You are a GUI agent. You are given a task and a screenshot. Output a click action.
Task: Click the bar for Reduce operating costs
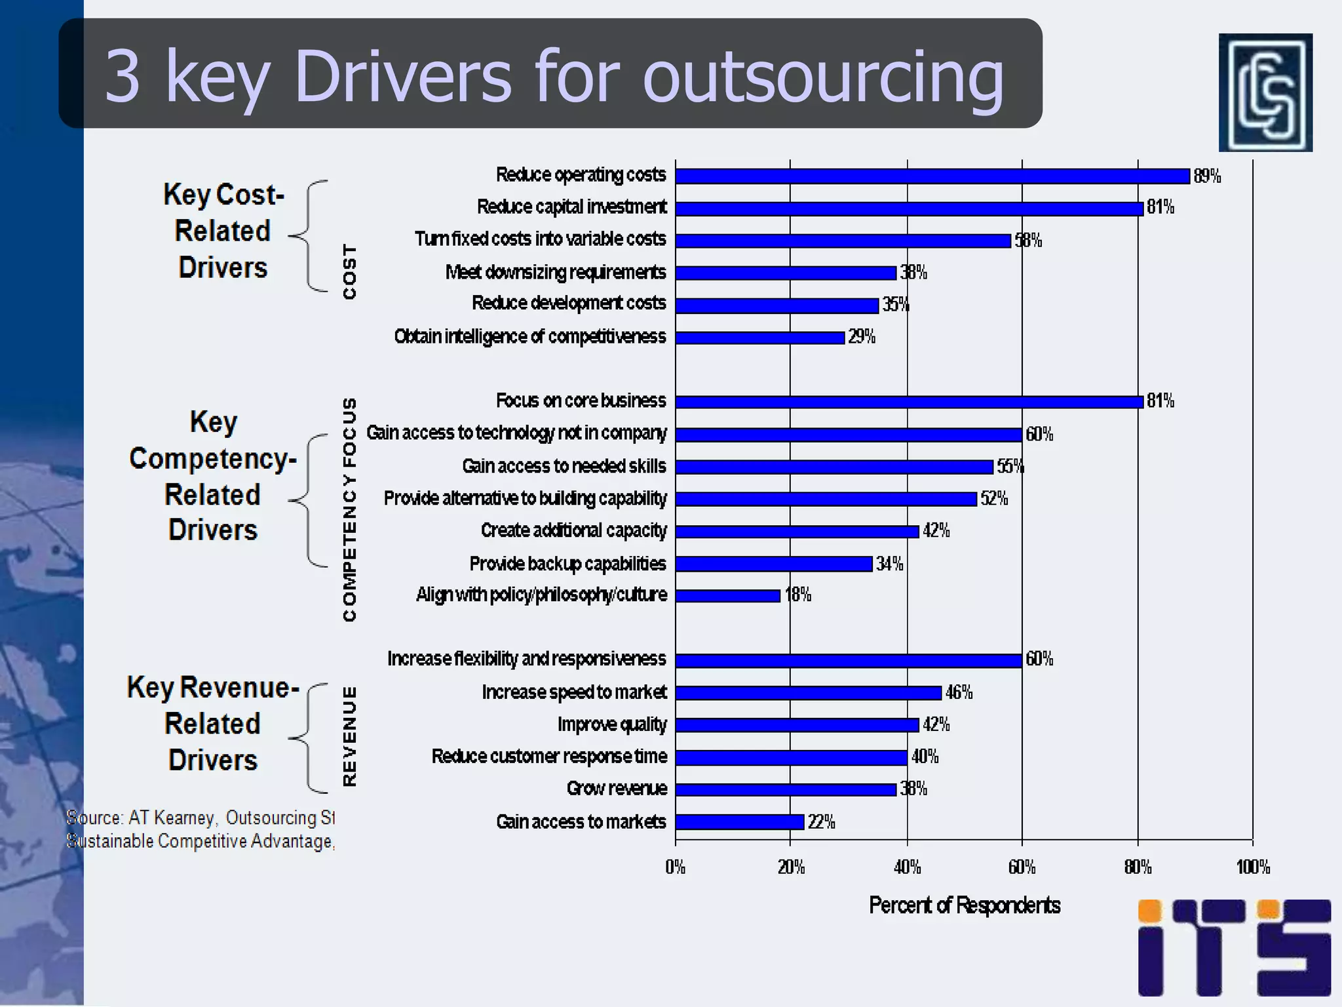tap(932, 176)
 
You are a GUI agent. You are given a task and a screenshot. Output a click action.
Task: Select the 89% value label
tap(1206, 176)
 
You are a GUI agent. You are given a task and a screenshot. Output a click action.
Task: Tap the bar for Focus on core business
tap(909, 401)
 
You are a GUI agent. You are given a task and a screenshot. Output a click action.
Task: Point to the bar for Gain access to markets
tap(739, 822)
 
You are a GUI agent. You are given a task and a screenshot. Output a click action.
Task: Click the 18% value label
tap(797, 595)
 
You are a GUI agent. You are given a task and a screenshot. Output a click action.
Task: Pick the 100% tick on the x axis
tap(1252, 867)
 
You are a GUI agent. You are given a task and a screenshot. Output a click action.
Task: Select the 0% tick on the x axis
tap(676, 867)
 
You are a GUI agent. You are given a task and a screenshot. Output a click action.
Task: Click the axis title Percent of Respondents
tap(964, 905)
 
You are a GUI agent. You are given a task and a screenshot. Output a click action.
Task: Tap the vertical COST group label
tap(350, 272)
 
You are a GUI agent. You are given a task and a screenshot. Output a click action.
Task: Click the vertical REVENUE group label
tap(350, 736)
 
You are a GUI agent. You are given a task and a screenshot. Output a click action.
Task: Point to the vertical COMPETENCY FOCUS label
tap(350, 509)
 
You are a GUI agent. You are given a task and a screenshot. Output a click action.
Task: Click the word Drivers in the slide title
tap(402, 76)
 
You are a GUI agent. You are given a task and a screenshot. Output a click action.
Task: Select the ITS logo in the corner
tap(1234, 947)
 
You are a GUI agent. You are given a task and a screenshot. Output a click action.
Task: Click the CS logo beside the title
tap(1265, 92)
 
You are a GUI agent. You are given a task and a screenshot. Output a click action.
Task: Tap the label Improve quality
tap(611, 724)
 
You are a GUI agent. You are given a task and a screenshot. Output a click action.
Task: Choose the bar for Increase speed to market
tap(808, 693)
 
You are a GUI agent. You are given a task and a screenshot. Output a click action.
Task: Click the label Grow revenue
tap(617, 789)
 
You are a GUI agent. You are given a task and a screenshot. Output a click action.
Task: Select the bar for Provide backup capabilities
tap(773, 564)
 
